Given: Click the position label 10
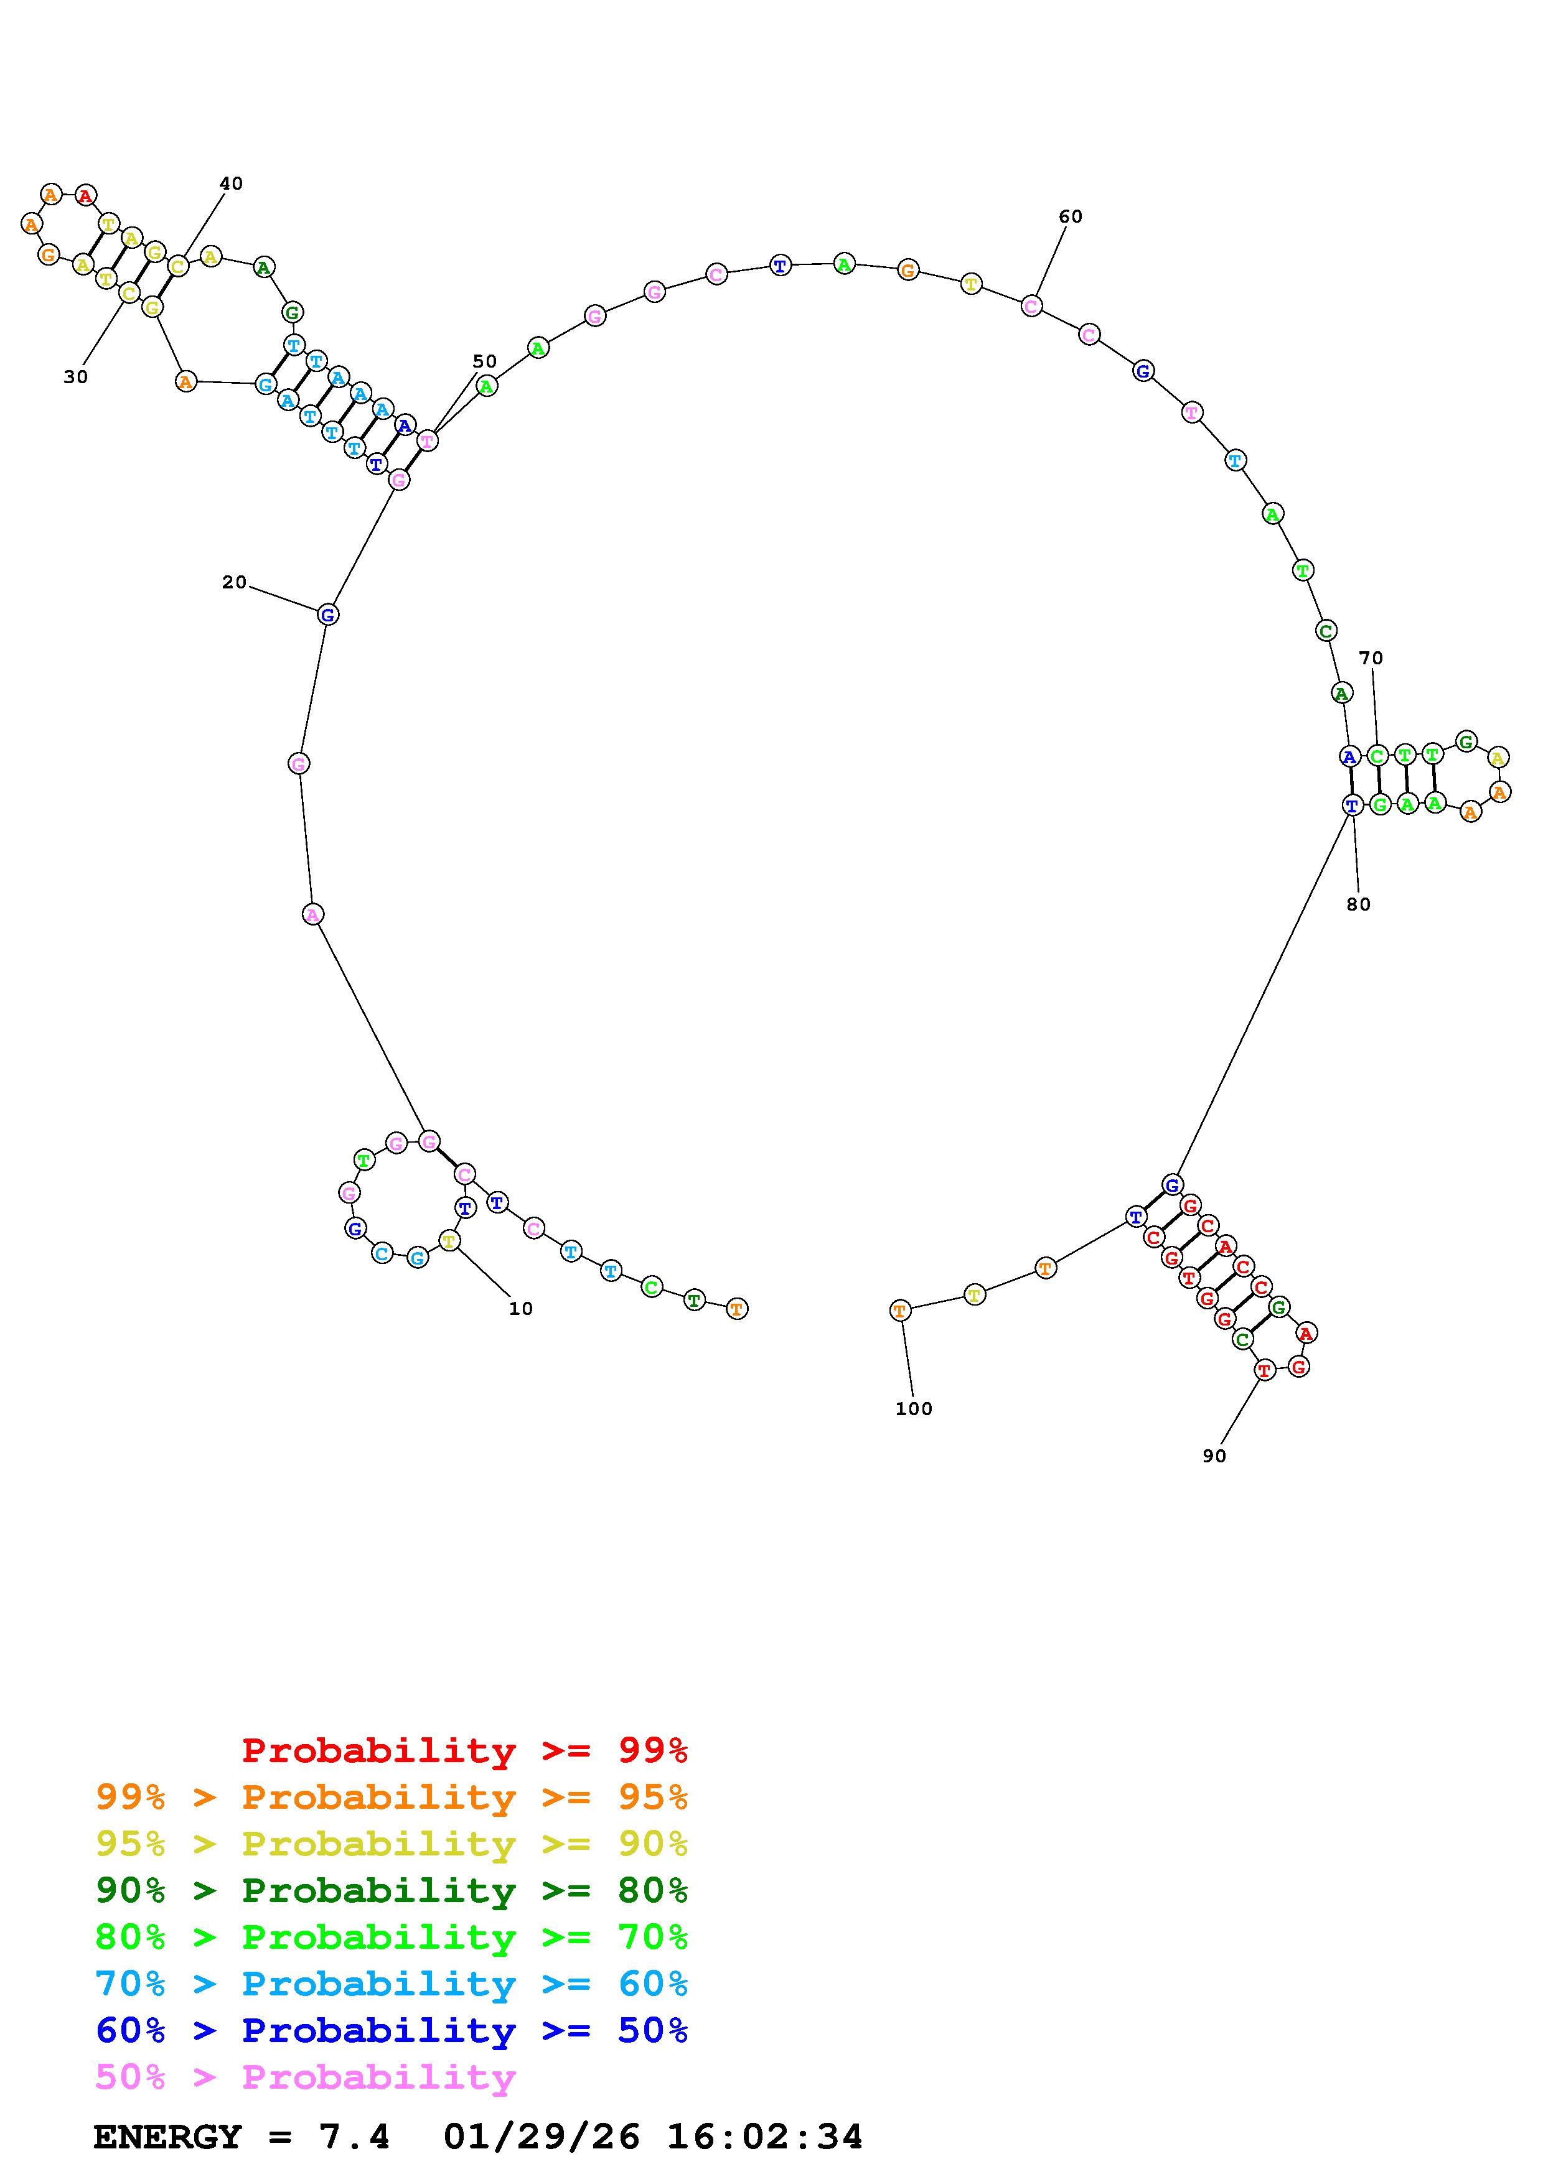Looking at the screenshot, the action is coord(521,1309).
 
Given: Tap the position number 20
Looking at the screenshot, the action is coord(234,583).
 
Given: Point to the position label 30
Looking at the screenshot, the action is coord(76,378).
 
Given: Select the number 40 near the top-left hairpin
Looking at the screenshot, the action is coord(231,183).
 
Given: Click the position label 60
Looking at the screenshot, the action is coord(1071,216).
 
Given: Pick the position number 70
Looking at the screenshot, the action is coord(1371,657).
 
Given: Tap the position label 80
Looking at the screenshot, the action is coord(1359,905).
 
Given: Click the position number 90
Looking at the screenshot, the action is coord(1214,1456).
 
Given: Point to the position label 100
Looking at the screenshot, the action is coord(914,1409).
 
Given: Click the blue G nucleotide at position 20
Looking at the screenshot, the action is coord(327,615).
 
